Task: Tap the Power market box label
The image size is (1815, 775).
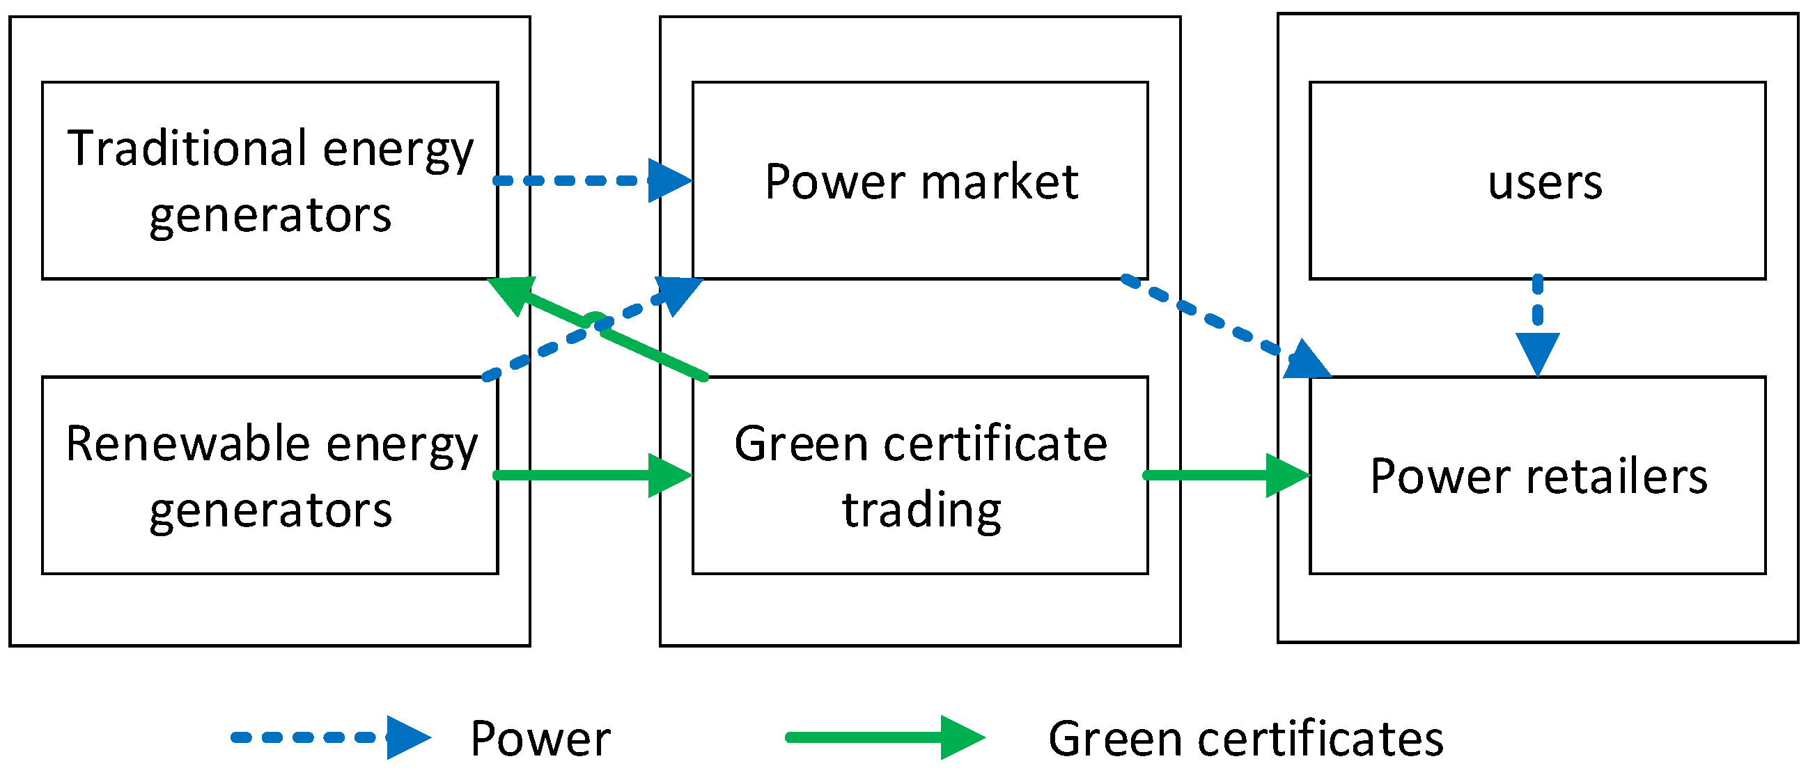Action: point(921,182)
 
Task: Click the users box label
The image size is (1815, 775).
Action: point(1545,182)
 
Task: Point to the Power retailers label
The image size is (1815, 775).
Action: point(1538,476)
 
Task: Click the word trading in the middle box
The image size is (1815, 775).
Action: point(921,510)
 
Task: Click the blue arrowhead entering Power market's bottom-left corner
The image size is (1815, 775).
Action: point(678,292)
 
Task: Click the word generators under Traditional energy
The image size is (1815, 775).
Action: point(270,215)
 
